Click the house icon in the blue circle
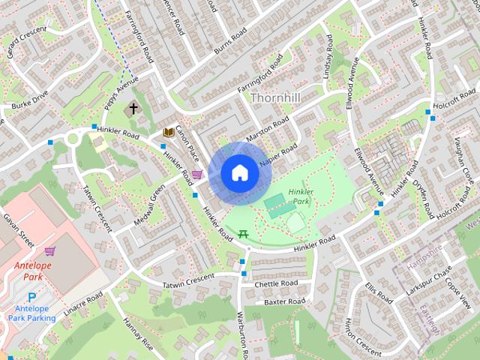coord(239,173)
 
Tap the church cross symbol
coord(133,109)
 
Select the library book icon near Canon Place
coord(169,133)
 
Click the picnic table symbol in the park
coord(244,235)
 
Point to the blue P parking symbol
coord(31,299)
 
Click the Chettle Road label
coord(276,283)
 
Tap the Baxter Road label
coord(284,301)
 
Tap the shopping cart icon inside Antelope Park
coord(49,251)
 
